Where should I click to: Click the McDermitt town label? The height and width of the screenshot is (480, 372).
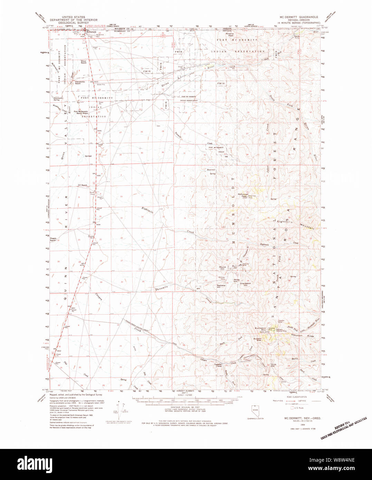91,32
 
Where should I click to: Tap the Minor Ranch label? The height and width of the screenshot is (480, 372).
84,62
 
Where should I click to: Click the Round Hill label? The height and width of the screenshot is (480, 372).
222,268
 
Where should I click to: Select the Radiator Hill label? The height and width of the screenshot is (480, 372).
221,286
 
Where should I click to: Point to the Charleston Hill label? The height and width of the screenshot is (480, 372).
246,284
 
